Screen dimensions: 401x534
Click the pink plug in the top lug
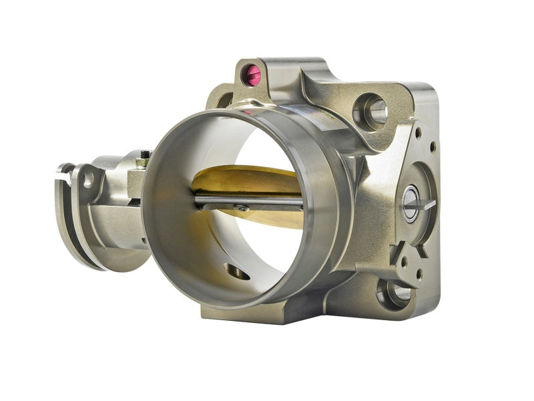[x=252, y=76]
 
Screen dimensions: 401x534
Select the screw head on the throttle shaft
[x=239, y=209]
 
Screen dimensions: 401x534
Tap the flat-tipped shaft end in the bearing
[x=413, y=205]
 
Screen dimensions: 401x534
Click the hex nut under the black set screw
[x=142, y=164]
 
